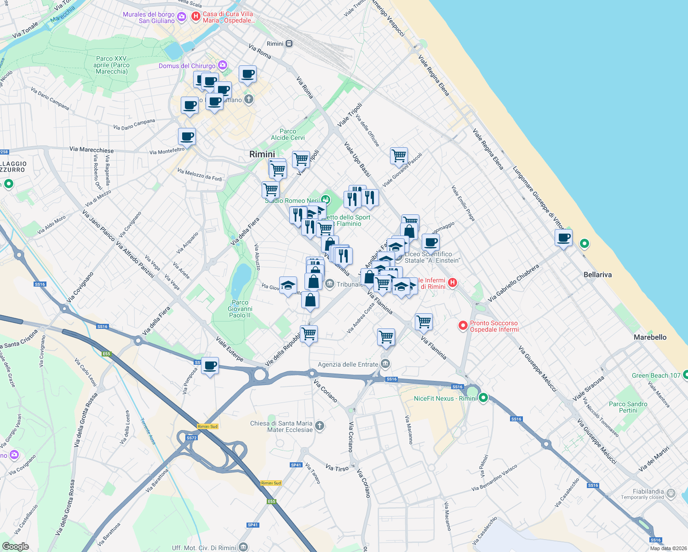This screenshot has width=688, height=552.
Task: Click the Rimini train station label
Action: coord(275,44)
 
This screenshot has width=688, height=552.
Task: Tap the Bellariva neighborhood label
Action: coord(597,275)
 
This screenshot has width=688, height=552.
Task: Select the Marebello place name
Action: coord(650,337)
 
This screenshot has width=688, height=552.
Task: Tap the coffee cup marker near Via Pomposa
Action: coord(210,366)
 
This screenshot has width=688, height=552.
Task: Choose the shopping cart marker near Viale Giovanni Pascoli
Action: coord(399,155)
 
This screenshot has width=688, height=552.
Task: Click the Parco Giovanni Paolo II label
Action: coord(240,309)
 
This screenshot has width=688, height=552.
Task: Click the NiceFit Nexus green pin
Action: coord(483,398)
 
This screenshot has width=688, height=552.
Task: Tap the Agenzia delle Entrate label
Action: coord(348,364)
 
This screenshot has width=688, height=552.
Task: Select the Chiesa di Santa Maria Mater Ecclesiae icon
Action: coord(319,426)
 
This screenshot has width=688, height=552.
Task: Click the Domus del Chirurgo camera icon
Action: coord(223,65)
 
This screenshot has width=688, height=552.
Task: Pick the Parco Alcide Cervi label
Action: coord(288,134)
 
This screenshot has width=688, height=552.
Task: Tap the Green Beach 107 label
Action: coord(656,375)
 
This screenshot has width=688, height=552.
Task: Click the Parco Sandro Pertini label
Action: coord(628,407)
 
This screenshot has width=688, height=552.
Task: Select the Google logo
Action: coord(16,546)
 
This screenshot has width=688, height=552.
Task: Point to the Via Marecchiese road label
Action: coord(92,149)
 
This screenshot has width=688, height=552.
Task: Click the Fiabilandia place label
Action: coord(648,492)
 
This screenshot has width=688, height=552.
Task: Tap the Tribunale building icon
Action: coord(330,284)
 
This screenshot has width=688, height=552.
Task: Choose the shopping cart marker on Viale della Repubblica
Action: coord(309,333)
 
